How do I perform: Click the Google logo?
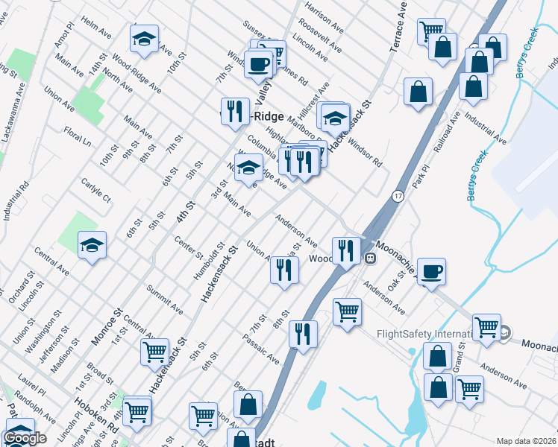[x=25, y=438]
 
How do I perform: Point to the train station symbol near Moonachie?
[x=369, y=258]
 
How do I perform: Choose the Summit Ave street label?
[x=165, y=299]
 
